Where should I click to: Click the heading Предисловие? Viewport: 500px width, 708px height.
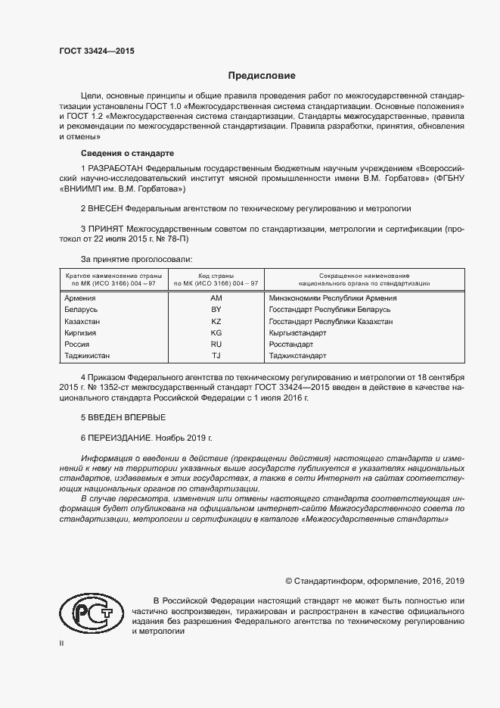[262, 76]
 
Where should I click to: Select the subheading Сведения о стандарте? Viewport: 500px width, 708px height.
[114, 153]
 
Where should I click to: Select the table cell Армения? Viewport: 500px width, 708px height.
[81, 298]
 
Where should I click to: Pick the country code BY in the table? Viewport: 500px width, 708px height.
[216, 310]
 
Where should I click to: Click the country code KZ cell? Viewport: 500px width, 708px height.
[216, 321]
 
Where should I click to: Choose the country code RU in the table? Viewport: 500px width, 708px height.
[216, 344]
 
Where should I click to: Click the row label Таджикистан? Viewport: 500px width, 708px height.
[89, 355]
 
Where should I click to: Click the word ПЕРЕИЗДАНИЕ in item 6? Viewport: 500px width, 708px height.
[120, 438]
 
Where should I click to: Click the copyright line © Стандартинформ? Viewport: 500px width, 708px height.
[374, 582]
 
